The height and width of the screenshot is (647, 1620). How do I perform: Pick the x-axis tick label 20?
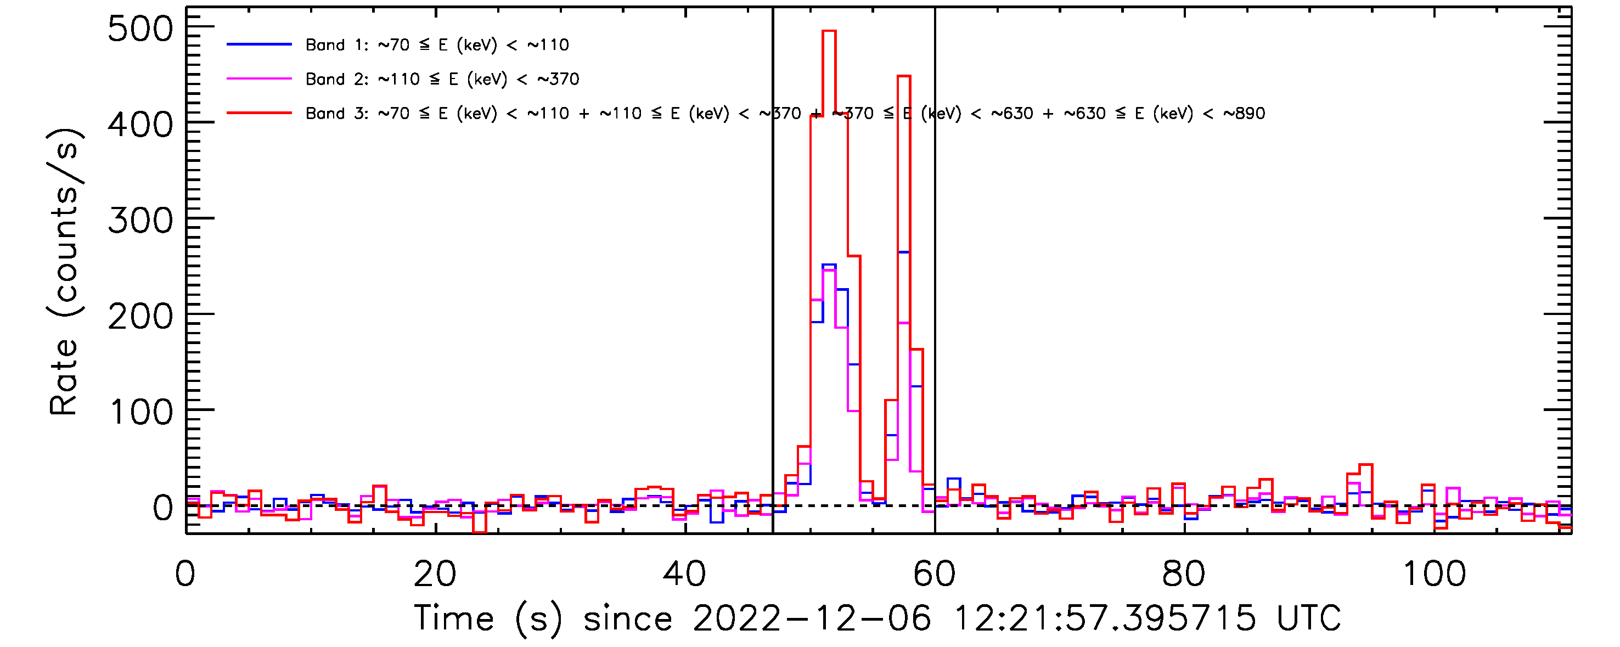point(435,574)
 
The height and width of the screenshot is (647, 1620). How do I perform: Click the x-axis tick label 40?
point(685,574)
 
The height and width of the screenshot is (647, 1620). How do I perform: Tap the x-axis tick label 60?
point(935,574)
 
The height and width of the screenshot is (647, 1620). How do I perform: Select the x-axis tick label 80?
point(1184,574)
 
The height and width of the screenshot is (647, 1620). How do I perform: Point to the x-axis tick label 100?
point(1434,574)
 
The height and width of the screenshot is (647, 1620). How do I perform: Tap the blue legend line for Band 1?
point(259,44)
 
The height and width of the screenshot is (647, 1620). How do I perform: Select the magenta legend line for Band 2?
point(259,78)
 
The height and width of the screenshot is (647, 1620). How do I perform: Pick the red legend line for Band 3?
point(259,113)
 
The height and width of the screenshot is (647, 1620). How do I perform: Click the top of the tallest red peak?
point(829,31)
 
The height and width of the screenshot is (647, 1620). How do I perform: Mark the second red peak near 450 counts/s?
point(904,77)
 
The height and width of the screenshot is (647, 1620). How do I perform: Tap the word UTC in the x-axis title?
point(1308,618)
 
